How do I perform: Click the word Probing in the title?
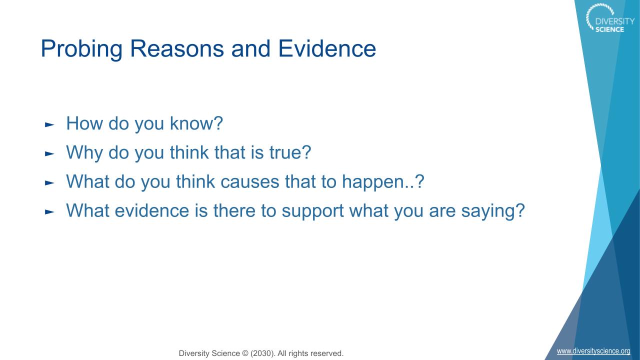81,49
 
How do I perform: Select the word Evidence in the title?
327,48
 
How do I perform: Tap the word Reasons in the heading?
177,49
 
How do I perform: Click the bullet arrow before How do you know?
49,124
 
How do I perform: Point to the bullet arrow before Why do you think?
49,153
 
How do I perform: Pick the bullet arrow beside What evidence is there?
49,212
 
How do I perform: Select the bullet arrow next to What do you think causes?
49,183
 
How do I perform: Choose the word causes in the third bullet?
249,182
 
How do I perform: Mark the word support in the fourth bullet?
312,211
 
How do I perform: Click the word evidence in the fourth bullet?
152,210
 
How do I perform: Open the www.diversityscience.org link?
593,351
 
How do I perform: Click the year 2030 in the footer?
261,353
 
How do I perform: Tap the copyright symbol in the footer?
245,353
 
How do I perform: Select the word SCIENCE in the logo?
609,29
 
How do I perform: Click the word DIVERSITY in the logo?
615,21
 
